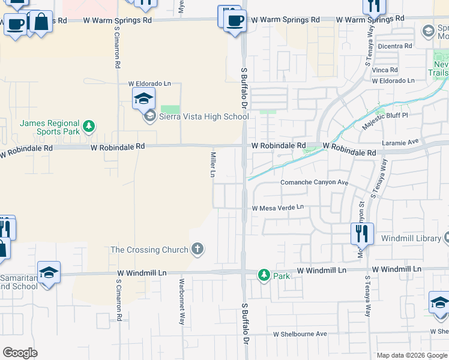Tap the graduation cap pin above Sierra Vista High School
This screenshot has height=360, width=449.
(x=144, y=98)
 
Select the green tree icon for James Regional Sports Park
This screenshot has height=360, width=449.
(x=89, y=126)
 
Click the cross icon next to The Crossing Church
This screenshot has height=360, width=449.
(x=197, y=249)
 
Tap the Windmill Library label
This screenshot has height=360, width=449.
(x=411, y=239)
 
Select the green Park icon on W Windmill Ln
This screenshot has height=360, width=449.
(x=264, y=275)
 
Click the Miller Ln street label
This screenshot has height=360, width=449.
(x=212, y=164)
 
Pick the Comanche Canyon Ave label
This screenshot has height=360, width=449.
(x=315, y=182)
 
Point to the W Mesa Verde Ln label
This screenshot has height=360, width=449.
(x=278, y=208)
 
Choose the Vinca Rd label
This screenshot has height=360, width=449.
(x=385, y=70)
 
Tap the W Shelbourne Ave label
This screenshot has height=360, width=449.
(x=300, y=334)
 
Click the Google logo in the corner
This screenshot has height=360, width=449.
(x=20, y=353)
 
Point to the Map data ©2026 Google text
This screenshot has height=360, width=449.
(x=411, y=355)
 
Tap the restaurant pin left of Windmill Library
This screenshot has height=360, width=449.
(x=362, y=233)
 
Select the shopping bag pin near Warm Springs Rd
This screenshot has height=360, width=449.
(x=41, y=22)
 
